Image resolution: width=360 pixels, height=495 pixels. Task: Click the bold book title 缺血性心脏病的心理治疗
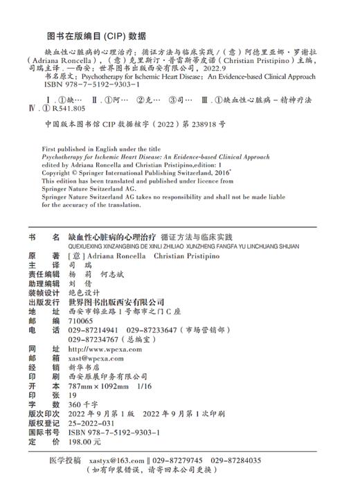coord(116,237)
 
